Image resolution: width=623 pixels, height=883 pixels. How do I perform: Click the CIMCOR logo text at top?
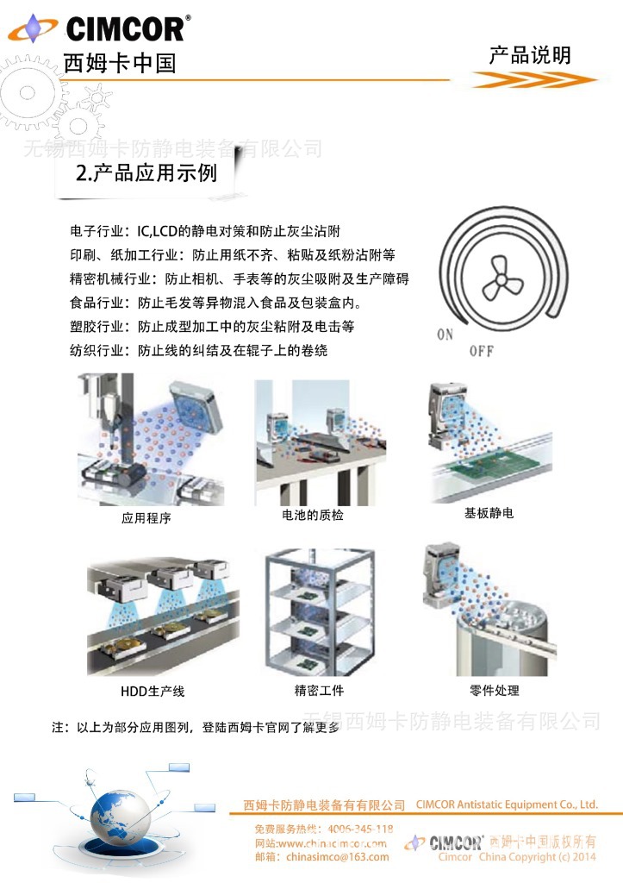(x=125, y=29)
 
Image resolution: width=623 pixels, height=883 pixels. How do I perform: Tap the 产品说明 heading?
(x=529, y=56)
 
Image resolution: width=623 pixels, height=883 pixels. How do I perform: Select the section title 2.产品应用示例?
(x=146, y=173)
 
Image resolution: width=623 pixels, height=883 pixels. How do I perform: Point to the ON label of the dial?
(x=445, y=335)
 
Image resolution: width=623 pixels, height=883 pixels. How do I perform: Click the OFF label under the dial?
(x=482, y=351)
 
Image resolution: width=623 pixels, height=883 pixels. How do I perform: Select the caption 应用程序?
(x=146, y=518)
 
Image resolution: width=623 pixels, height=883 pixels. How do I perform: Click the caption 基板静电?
(x=489, y=513)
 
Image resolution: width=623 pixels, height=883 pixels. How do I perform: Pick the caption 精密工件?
(x=319, y=691)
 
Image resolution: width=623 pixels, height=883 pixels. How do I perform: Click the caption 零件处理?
(x=495, y=691)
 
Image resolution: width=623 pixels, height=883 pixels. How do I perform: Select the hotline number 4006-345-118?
(x=360, y=830)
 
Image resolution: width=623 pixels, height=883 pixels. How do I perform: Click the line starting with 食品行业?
(x=215, y=303)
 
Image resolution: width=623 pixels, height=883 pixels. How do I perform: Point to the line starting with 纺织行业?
(x=198, y=351)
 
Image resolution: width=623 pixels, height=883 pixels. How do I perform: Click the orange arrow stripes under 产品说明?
(x=534, y=80)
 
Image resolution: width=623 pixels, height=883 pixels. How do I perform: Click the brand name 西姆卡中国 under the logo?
(x=120, y=63)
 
